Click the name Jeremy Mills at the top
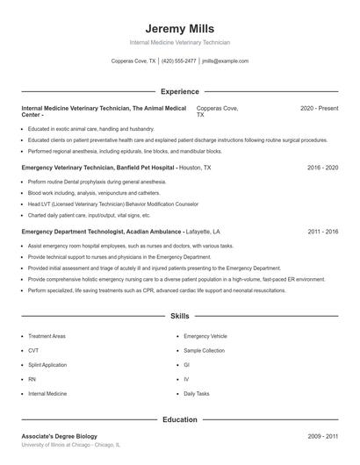coord(179,28)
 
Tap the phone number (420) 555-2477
coord(179,61)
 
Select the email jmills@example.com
coord(225,61)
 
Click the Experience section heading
coord(179,91)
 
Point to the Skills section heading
coord(179,315)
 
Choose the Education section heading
coord(179,419)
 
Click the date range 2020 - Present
coord(319,108)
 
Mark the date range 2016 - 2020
coord(322,167)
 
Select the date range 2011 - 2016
coord(322,232)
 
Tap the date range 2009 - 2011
coord(322,436)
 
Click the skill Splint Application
coord(47,364)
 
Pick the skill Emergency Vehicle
coord(205,336)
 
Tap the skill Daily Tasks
coord(197,394)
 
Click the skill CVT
coord(33,350)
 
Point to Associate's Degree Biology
coord(60,436)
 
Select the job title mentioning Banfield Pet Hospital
coord(98,167)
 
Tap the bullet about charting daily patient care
coord(89,215)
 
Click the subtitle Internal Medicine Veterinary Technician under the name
coord(179,42)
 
